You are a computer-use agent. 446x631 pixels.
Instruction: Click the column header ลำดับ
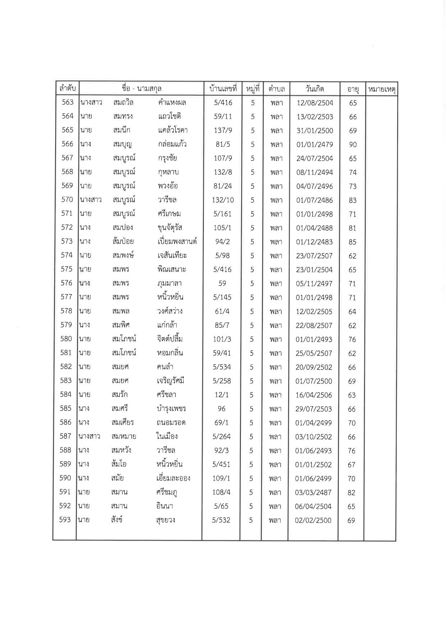pyautogui.click(x=67, y=88)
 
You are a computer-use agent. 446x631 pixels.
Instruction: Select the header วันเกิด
pyautogui.click(x=315, y=89)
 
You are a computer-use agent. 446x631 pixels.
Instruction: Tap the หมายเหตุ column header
pyautogui.click(x=382, y=89)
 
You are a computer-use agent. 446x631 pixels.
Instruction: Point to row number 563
pyautogui.click(x=68, y=102)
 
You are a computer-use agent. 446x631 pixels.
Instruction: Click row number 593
pyautogui.click(x=65, y=520)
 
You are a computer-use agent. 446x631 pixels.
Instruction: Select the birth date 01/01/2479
pyautogui.click(x=315, y=145)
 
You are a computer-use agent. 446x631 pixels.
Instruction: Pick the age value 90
pyautogui.click(x=353, y=145)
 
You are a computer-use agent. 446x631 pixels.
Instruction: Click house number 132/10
pyautogui.click(x=223, y=200)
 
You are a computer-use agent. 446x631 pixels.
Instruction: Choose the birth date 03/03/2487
pyautogui.click(x=313, y=492)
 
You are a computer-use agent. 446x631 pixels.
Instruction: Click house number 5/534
pyautogui.click(x=222, y=367)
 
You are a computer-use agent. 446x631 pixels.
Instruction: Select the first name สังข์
pyautogui.click(x=117, y=519)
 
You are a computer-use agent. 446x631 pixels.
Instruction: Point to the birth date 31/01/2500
pyautogui.click(x=315, y=131)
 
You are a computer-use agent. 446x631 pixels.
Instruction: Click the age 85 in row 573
pyautogui.click(x=352, y=242)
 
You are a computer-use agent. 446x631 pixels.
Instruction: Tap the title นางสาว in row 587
pyautogui.click(x=89, y=436)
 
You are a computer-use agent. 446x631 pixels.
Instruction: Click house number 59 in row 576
pyautogui.click(x=222, y=283)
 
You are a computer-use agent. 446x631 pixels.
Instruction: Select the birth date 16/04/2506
pyautogui.click(x=314, y=395)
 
